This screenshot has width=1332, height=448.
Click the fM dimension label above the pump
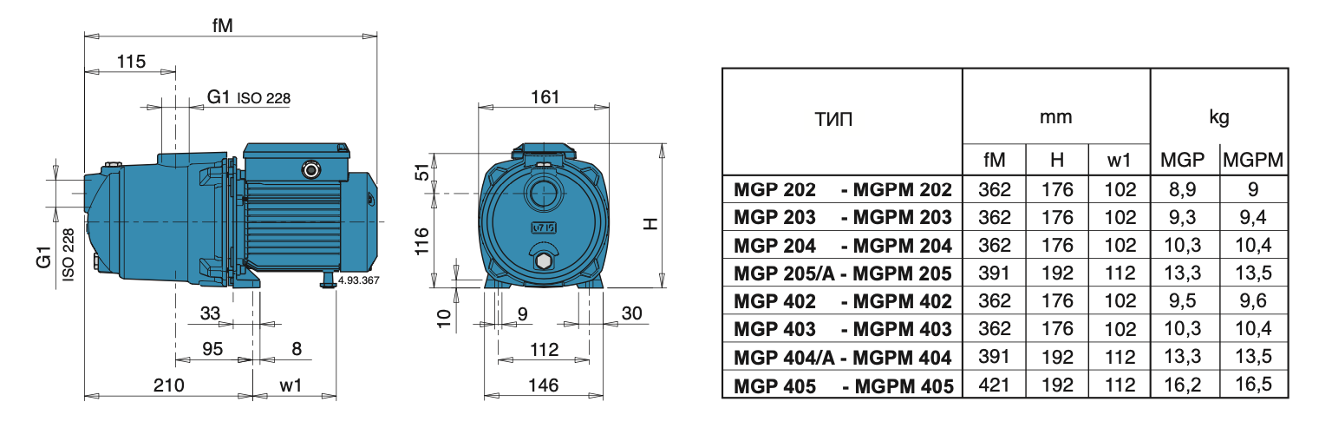point(222,26)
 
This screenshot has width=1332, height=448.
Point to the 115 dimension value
point(131,62)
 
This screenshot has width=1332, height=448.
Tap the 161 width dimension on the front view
point(544,97)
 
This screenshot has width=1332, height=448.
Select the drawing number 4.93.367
point(358,280)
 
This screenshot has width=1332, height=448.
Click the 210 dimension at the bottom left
point(169,385)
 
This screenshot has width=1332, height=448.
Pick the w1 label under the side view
point(291,385)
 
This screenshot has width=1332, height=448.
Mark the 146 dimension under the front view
point(544,385)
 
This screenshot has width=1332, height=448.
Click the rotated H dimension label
point(651,223)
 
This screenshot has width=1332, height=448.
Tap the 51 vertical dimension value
point(421,172)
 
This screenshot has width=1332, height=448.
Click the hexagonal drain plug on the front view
point(543,261)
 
